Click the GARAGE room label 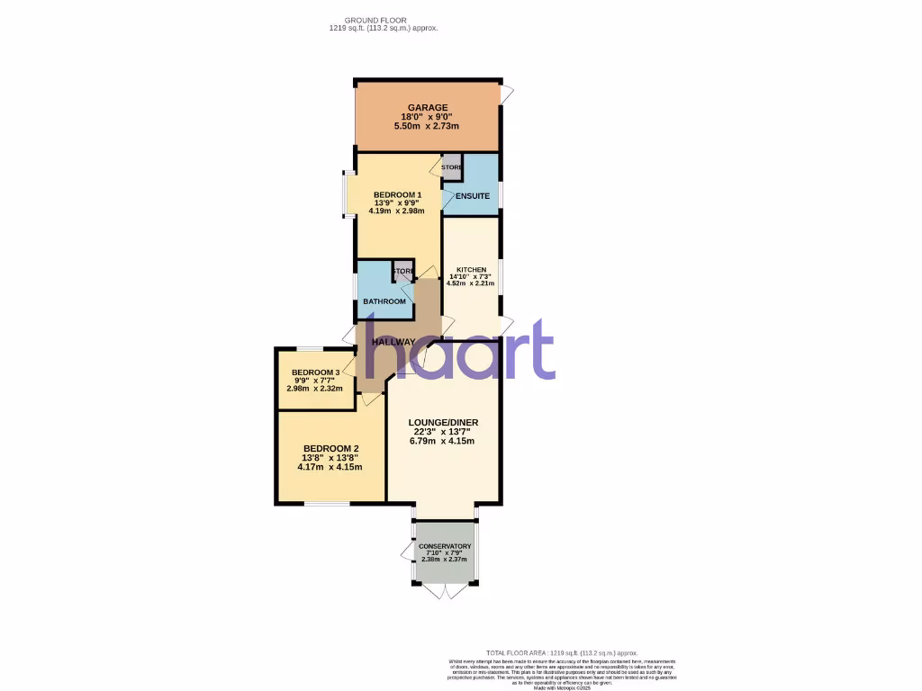[426, 108]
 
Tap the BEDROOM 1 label [397, 195]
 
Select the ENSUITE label [473, 196]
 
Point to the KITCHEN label [471, 270]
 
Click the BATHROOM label [384, 301]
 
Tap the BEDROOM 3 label [315, 372]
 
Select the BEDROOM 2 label [331, 449]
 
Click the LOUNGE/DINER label [443, 423]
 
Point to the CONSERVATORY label [445, 546]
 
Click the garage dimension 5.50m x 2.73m [426, 126]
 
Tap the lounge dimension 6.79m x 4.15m [443, 441]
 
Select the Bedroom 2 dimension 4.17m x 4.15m [331, 467]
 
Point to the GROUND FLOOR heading [375, 20]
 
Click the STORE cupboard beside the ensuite [452, 167]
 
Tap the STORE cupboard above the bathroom [402, 272]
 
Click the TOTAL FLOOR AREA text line [561, 652]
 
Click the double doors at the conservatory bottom [444, 591]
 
